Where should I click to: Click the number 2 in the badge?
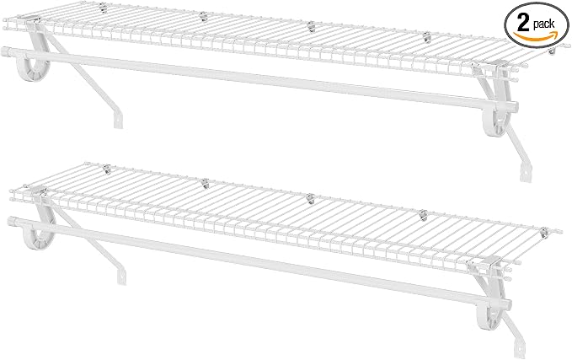pyautogui.click(x=523, y=24)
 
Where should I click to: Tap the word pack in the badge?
pyautogui.click(x=544, y=24)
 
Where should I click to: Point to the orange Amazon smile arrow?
pyautogui.click(x=536, y=36)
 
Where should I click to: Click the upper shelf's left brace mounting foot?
pyautogui.click(x=118, y=120)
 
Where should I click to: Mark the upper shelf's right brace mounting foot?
pyautogui.click(x=526, y=173)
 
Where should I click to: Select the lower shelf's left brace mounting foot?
pyautogui.click(x=121, y=276)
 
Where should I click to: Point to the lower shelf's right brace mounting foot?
pyautogui.click(x=520, y=349)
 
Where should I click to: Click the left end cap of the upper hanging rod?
pyautogui.click(x=7, y=51)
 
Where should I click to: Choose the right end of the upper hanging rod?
pyautogui.click(x=515, y=106)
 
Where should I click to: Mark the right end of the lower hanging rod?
pyautogui.click(x=508, y=304)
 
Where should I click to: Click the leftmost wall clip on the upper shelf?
pyautogui.click(x=104, y=8)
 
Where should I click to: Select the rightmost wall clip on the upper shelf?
pyautogui.click(x=552, y=51)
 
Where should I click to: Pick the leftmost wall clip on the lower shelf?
pyautogui.click(x=106, y=169)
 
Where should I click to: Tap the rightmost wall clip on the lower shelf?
pyautogui.click(x=544, y=232)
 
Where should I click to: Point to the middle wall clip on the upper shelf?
pyautogui.click(x=311, y=26)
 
